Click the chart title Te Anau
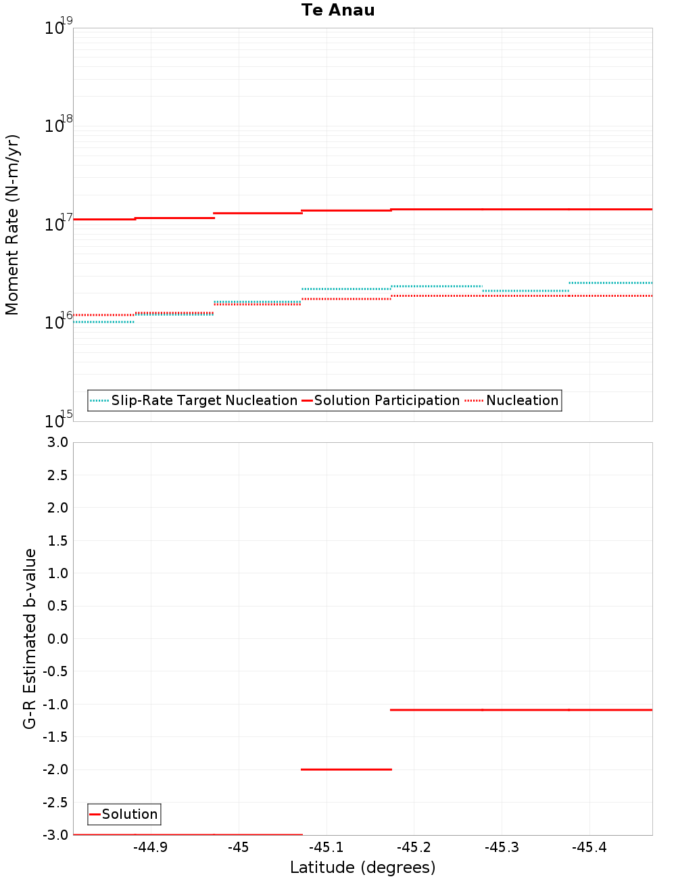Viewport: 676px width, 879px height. (x=338, y=10)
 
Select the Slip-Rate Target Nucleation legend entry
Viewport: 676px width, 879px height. (x=203, y=400)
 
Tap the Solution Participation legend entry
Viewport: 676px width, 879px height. (x=387, y=400)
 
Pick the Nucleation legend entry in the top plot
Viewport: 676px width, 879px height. (x=522, y=400)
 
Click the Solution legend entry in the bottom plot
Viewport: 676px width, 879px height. (x=129, y=814)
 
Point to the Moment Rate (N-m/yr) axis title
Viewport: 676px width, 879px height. (x=12, y=224)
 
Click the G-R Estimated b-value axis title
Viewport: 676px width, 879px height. (x=30, y=638)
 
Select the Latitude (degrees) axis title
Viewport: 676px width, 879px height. (x=362, y=868)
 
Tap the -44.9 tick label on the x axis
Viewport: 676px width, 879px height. (x=150, y=848)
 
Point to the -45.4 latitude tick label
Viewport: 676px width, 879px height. (x=589, y=848)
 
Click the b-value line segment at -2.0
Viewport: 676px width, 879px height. (x=346, y=769)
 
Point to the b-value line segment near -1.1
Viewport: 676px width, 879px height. (x=521, y=710)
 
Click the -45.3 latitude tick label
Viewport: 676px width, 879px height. (x=502, y=848)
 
